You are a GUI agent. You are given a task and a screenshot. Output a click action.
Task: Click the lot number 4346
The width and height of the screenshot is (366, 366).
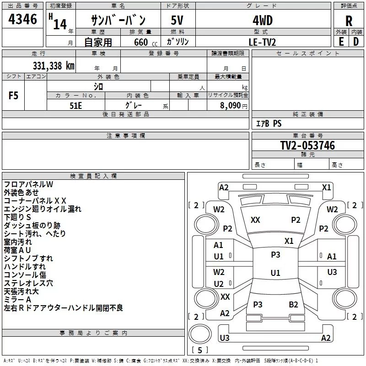(22, 19)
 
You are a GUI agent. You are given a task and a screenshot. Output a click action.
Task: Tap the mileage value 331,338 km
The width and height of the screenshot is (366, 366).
(54, 66)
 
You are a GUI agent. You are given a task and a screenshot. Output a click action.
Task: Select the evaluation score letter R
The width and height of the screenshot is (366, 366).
(349, 21)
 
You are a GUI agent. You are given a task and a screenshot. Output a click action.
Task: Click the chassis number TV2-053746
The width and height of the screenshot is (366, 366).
(307, 145)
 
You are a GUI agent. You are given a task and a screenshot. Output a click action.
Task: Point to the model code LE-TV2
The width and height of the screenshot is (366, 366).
(262, 42)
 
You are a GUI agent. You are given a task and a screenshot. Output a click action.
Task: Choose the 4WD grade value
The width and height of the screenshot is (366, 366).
(263, 21)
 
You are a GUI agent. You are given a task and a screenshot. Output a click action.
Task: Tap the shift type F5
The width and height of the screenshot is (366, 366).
(13, 96)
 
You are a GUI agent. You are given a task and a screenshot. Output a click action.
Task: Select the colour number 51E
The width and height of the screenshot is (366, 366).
(75, 106)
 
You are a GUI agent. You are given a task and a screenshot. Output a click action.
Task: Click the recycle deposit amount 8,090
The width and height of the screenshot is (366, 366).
(230, 105)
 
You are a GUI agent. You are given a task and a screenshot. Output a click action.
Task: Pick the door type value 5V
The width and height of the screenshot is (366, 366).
(177, 20)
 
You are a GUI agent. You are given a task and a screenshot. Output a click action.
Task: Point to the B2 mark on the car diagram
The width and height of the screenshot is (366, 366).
(293, 304)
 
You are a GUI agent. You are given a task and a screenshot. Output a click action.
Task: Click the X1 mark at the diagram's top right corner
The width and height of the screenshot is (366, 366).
(326, 187)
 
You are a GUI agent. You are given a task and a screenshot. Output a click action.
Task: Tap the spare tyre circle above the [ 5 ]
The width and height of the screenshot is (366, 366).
(200, 334)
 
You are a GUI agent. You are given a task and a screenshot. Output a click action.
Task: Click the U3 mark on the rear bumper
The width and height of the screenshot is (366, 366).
(225, 338)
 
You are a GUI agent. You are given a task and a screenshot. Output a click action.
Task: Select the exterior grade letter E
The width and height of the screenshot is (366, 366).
(341, 42)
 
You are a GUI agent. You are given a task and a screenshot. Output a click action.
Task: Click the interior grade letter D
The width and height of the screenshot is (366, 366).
(356, 42)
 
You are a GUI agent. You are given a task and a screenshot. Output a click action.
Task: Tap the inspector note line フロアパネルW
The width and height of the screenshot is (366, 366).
(28, 184)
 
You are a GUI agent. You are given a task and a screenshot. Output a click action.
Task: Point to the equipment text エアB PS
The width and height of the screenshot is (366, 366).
(269, 123)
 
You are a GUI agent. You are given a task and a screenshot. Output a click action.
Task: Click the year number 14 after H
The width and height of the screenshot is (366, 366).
(60, 24)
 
